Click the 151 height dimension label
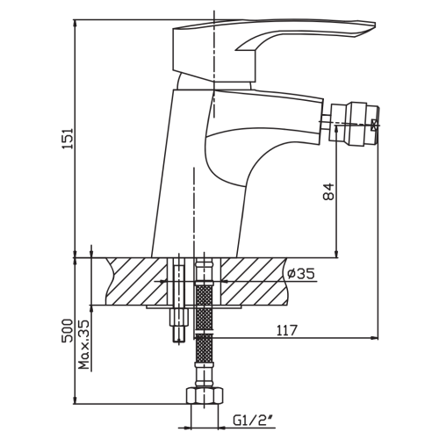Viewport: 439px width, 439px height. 68,139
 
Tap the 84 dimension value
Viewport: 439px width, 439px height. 328,191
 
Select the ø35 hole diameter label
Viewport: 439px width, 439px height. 301,274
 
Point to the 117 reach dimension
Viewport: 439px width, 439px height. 287,330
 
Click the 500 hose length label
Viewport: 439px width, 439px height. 67,330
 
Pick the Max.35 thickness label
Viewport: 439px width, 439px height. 83,344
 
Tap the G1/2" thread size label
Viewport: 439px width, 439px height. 251,421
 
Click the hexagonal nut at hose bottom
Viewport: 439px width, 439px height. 205,396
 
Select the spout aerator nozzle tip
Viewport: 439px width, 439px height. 354,123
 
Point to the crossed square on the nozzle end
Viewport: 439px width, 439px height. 375,125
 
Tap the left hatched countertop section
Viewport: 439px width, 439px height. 136,281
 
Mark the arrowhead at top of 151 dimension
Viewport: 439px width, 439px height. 76,24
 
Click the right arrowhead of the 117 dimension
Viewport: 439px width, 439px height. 374,338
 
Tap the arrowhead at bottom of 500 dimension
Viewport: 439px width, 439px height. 76,400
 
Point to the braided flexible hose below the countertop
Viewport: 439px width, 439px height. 204,322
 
